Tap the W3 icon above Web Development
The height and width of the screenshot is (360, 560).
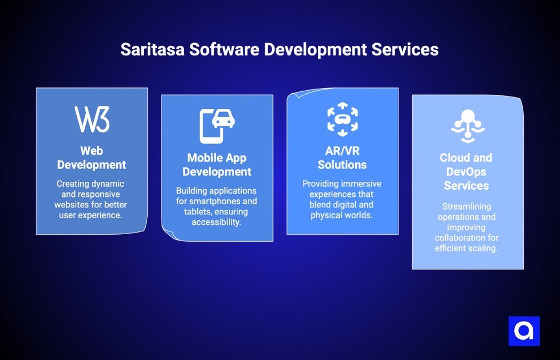[92, 119]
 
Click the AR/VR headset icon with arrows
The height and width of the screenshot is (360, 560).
[342, 119]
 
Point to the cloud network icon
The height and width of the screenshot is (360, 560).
[467, 125]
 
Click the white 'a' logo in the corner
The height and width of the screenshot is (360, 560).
[524, 331]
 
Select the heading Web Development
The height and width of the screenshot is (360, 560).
[92, 158]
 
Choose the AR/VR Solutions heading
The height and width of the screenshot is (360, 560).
[342, 158]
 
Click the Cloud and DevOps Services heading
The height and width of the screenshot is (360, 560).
[466, 172]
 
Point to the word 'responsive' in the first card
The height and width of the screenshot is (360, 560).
[98, 194]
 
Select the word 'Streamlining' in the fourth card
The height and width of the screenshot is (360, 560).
[466, 206]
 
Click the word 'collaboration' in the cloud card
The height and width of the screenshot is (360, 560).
[466, 237]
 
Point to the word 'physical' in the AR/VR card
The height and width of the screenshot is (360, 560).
[326, 215]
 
